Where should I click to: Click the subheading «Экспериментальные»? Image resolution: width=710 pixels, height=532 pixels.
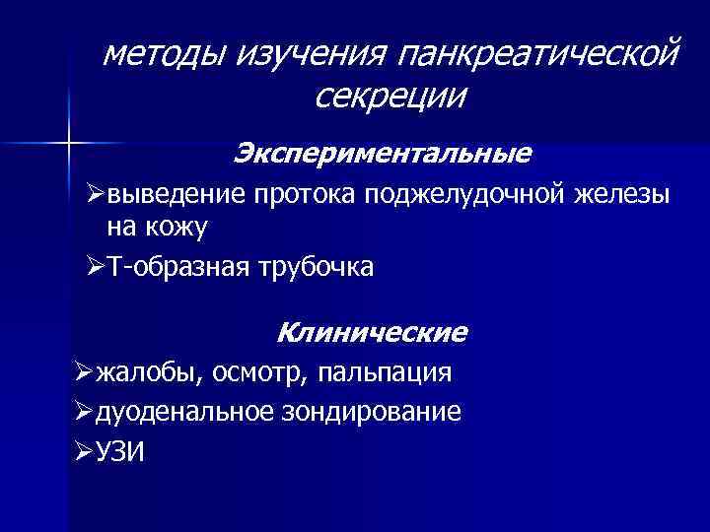383,154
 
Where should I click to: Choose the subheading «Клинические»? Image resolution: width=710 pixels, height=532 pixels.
372,333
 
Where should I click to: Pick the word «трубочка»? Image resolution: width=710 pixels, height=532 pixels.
315,267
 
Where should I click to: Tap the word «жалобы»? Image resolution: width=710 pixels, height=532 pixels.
142,372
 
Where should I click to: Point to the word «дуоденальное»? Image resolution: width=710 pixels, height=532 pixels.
183,412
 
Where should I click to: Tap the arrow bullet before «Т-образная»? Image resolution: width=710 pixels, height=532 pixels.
95,266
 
